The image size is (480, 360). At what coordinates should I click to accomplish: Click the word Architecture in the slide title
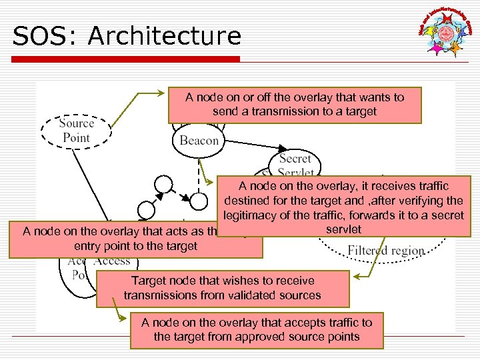164,36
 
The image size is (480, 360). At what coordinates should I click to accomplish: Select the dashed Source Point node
76,130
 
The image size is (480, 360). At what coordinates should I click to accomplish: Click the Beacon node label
199,141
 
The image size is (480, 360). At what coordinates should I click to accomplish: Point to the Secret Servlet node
295,164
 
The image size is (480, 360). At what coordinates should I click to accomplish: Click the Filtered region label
386,251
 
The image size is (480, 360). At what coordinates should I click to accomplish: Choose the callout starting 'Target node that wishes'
223,288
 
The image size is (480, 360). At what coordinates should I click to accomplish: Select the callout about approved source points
257,329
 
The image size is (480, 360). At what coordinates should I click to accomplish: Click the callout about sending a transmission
295,104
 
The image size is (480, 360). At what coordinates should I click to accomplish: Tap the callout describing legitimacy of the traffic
343,207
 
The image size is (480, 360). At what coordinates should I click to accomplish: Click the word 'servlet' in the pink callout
343,229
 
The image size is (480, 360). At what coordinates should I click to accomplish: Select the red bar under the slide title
127,59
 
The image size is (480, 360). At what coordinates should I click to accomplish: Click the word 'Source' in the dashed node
76,123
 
